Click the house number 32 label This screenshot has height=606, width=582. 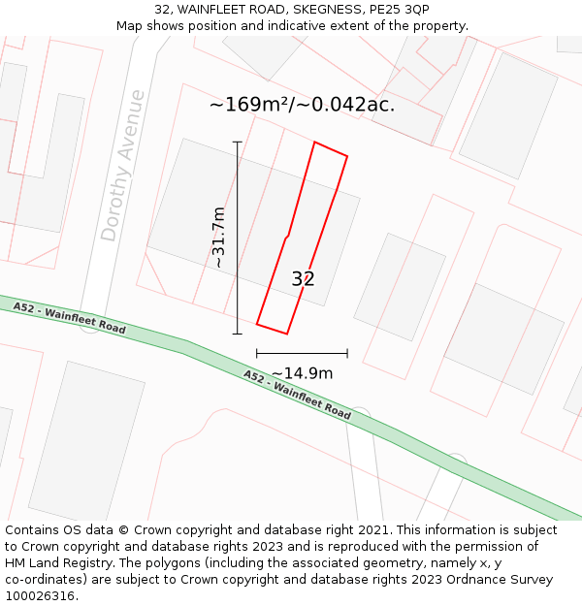click(x=303, y=279)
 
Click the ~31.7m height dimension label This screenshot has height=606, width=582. click(x=219, y=238)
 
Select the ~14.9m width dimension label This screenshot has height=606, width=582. click(x=302, y=373)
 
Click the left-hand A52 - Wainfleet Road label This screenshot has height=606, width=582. click(x=70, y=317)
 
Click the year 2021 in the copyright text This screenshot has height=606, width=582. click(x=371, y=530)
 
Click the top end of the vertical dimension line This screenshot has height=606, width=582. click(x=238, y=142)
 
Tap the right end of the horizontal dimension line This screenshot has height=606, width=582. click(x=347, y=354)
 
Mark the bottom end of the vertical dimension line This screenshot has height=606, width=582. click(x=238, y=334)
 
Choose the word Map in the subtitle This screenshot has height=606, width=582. click(x=129, y=26)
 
